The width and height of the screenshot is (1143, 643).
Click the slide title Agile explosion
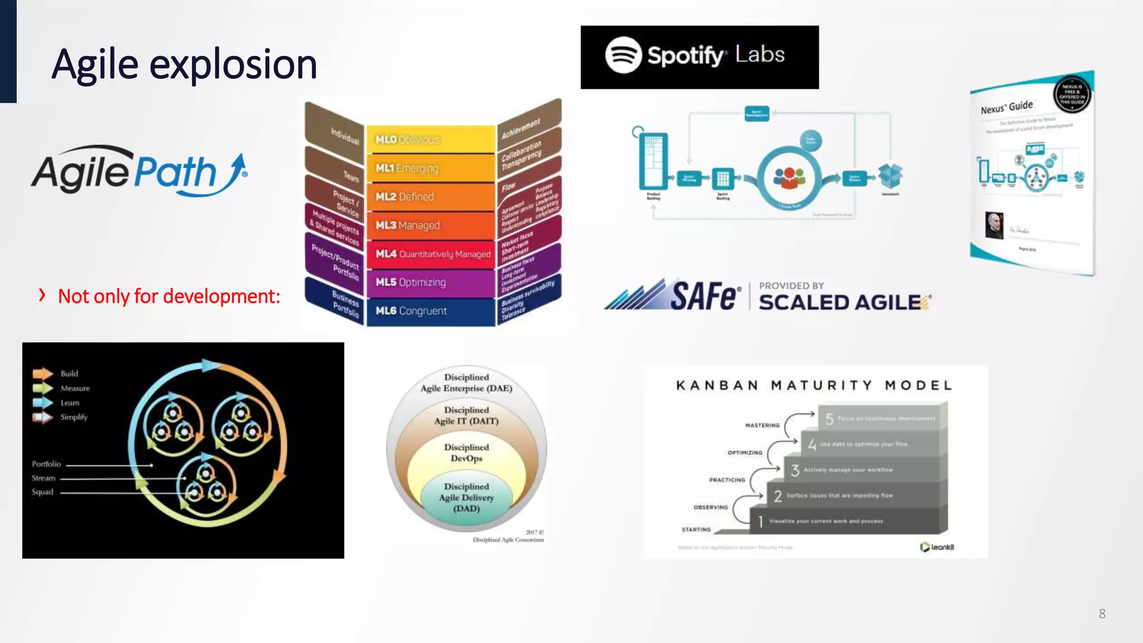tap(184, 64)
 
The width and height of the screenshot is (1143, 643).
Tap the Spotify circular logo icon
tap(623, 55)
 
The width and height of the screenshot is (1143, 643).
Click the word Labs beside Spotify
tap(760, 54)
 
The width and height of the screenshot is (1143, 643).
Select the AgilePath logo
tap(139, 172)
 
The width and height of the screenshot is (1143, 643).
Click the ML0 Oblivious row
tap(430, 140)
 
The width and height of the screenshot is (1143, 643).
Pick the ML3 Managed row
tap(430, 225)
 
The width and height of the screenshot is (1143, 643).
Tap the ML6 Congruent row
tap(430, 311)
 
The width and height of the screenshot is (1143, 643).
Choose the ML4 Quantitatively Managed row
tap(431, 254)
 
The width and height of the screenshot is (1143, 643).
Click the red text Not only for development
tap(169, 296)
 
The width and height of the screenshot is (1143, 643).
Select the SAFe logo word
tap(705, 296)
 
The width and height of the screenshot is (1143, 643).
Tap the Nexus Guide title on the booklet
tap(1007, 107)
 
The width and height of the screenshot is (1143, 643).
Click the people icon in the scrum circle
tap(789, 178)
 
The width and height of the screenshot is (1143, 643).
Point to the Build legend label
tap(69, 373)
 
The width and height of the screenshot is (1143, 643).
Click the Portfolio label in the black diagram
tap(46, 464)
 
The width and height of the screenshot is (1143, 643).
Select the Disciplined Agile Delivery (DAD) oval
tap(467, 497)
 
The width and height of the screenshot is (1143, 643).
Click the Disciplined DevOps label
tap(467, 453)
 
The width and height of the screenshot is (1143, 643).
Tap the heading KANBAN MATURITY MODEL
tap(814, 385)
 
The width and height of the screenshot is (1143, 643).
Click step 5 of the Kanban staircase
tap(882, 419)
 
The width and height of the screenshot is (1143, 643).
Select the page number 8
tap(1102, 614)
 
